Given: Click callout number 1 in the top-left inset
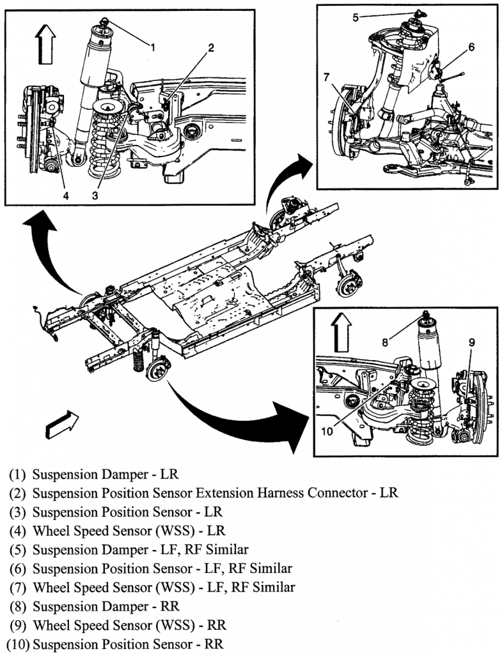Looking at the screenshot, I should (153, 45).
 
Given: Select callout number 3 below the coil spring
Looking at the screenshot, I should (95, 195).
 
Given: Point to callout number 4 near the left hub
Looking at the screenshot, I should (66, 195).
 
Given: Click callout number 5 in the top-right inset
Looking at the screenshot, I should (356, 17).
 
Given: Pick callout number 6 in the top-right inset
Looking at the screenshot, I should (472, 47).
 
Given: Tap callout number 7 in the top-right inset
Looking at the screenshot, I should (326, 78).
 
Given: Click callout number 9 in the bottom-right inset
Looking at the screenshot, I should (472, 342).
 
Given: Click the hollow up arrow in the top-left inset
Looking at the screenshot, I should (45, 44).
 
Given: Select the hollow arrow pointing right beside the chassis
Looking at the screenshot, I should (63, 424).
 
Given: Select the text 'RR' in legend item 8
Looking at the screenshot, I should (170, 605).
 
